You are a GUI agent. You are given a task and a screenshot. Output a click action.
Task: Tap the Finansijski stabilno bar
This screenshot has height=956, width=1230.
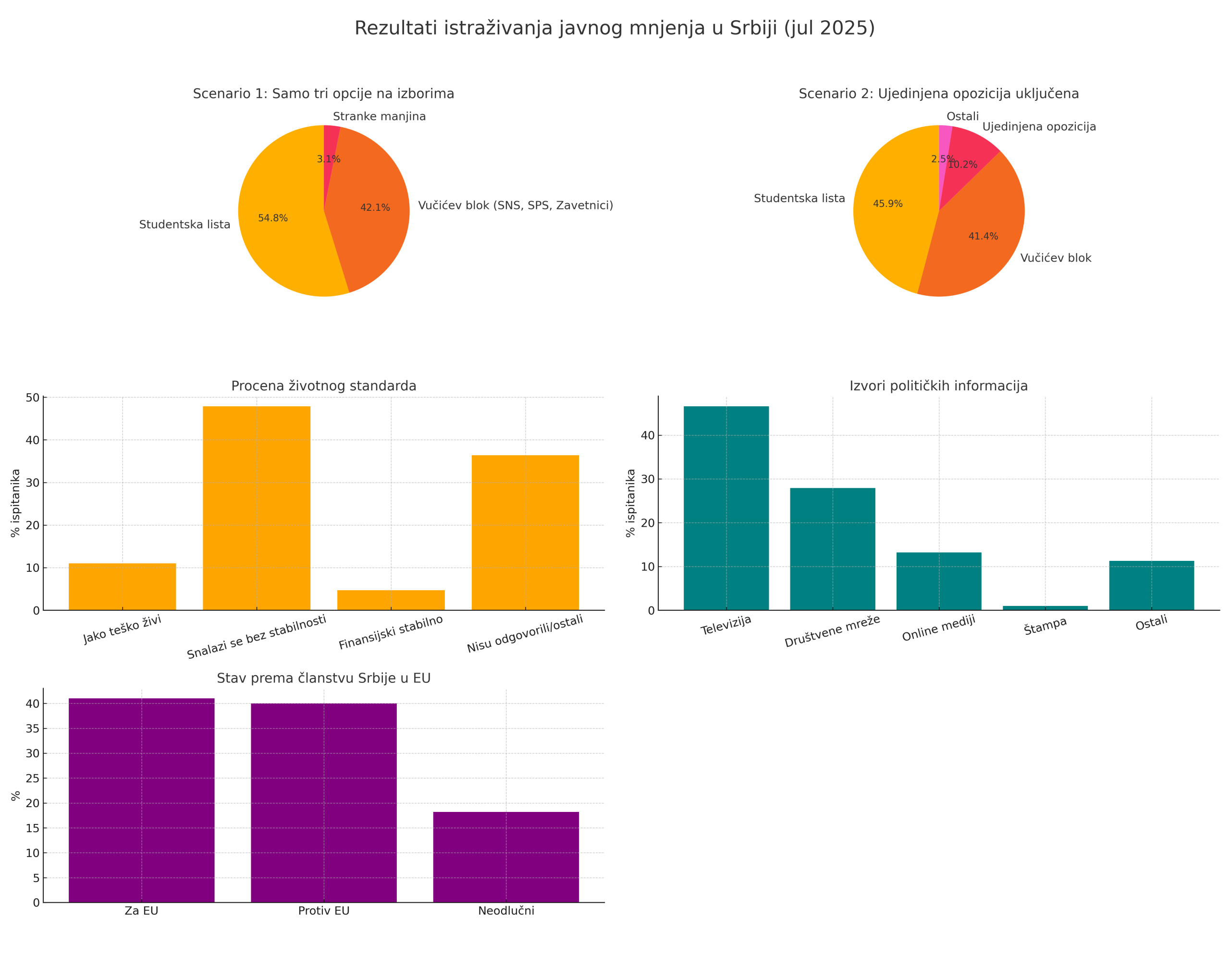tap(391, 600)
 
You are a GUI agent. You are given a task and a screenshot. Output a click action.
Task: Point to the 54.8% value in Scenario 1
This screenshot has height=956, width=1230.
tap(272, 218)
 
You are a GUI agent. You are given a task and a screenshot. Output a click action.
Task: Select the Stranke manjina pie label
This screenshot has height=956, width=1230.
tap(379, 117)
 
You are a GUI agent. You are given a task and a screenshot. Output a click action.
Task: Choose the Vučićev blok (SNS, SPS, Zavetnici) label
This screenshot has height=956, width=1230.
tap(516, 206)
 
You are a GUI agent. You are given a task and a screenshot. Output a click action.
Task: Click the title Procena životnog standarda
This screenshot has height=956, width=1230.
tap(324, 386)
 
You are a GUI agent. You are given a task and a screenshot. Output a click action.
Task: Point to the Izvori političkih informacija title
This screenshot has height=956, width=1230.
tap(938, 386)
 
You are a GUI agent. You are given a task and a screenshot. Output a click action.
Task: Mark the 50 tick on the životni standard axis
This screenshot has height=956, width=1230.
tap(33, 398)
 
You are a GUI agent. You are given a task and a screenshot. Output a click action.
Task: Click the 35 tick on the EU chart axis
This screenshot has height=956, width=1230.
tap(33, 729)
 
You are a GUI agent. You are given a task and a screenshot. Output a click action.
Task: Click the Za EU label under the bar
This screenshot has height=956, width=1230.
tap(141, 911)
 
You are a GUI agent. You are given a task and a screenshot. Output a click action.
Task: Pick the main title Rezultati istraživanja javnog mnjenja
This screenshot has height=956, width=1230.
tap(615, 28)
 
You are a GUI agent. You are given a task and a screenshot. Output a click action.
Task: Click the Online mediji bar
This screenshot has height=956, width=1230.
tap(938, 581)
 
